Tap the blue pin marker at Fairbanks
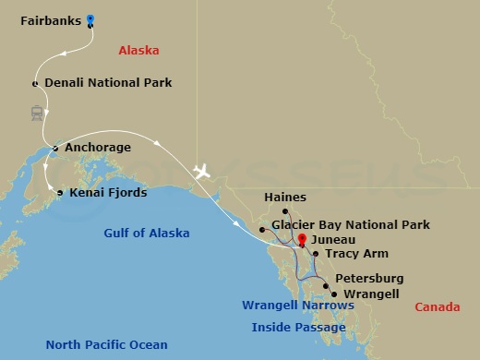point(90,18)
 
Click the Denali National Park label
point(108,83)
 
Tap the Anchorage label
point(97,148)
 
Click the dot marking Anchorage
point(55,148)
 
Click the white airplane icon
point(201,172)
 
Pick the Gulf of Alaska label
point(147,233)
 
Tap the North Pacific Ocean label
point(102,344)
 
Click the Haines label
point(284,198)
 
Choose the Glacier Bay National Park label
point(350,224)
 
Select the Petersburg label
point(368,278)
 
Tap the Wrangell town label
point(370,294)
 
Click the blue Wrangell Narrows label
point(297,306)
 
